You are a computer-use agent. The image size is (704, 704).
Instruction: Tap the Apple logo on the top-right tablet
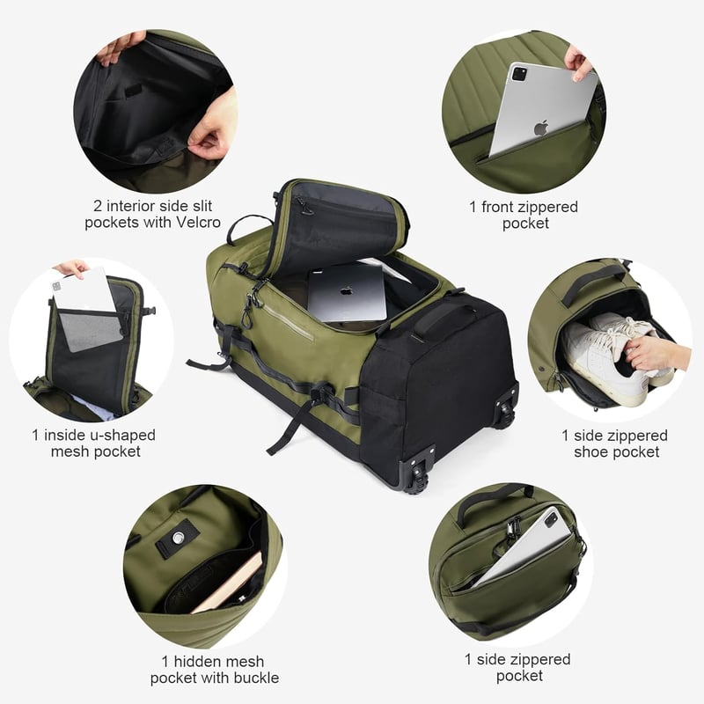point(541,128)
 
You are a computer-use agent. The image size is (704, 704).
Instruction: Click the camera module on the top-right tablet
point(519,74)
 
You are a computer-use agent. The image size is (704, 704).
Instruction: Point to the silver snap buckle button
point(179,537)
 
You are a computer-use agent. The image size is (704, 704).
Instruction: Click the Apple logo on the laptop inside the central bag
point(346,290)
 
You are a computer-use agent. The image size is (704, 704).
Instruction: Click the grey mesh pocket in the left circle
point(91,330)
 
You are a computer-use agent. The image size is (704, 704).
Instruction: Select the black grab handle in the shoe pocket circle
point(591,282)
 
